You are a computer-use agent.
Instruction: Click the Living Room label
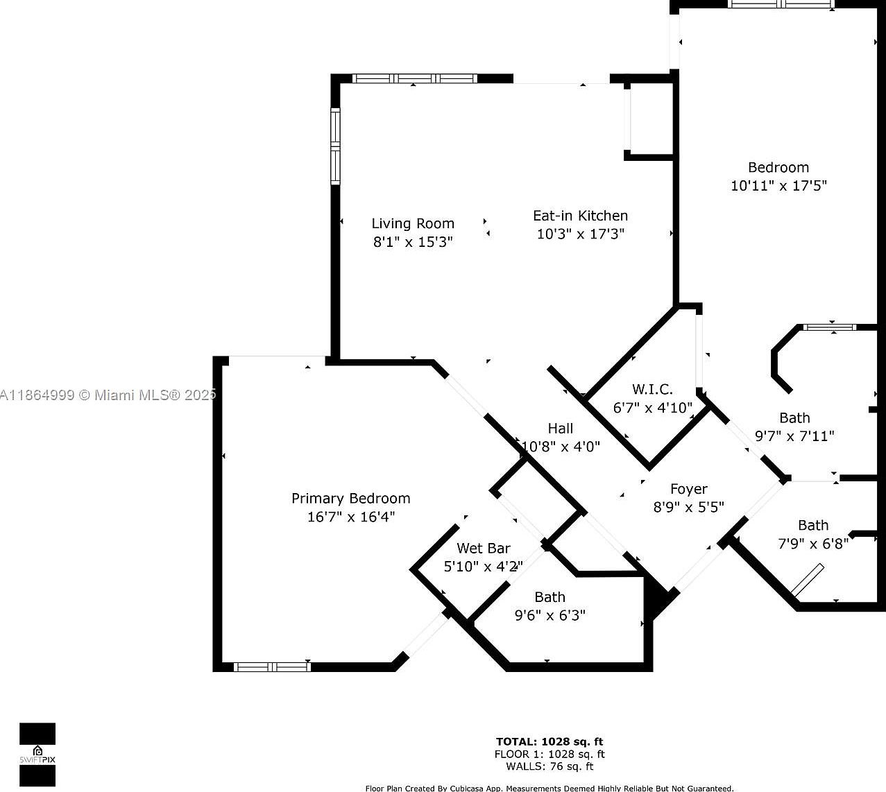[413, 223]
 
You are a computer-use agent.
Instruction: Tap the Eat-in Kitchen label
[580, 216]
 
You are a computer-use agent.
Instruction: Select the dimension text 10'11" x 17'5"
[778, 186]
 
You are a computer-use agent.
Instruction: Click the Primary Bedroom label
[350, 498]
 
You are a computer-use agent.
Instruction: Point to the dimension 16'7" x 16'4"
[350, 517]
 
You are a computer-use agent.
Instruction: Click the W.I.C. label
[652, 389]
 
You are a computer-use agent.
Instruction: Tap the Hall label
[560, 428]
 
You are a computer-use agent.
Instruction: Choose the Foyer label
[688, 489]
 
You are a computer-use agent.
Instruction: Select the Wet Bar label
[483, 548]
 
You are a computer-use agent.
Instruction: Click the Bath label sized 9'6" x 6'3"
[550, 596]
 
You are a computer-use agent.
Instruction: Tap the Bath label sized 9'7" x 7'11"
[794, 417]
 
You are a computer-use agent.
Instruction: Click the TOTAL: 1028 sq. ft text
[549, 741]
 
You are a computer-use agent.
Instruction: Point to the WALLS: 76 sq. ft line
[549, 766]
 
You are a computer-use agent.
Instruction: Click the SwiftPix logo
[37, 755]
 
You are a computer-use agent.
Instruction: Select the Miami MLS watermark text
[108, 395]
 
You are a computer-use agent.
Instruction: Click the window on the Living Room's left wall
[335, 146]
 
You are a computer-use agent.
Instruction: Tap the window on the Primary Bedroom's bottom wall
[271, 666]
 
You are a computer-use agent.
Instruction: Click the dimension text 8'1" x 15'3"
[413, 242]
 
